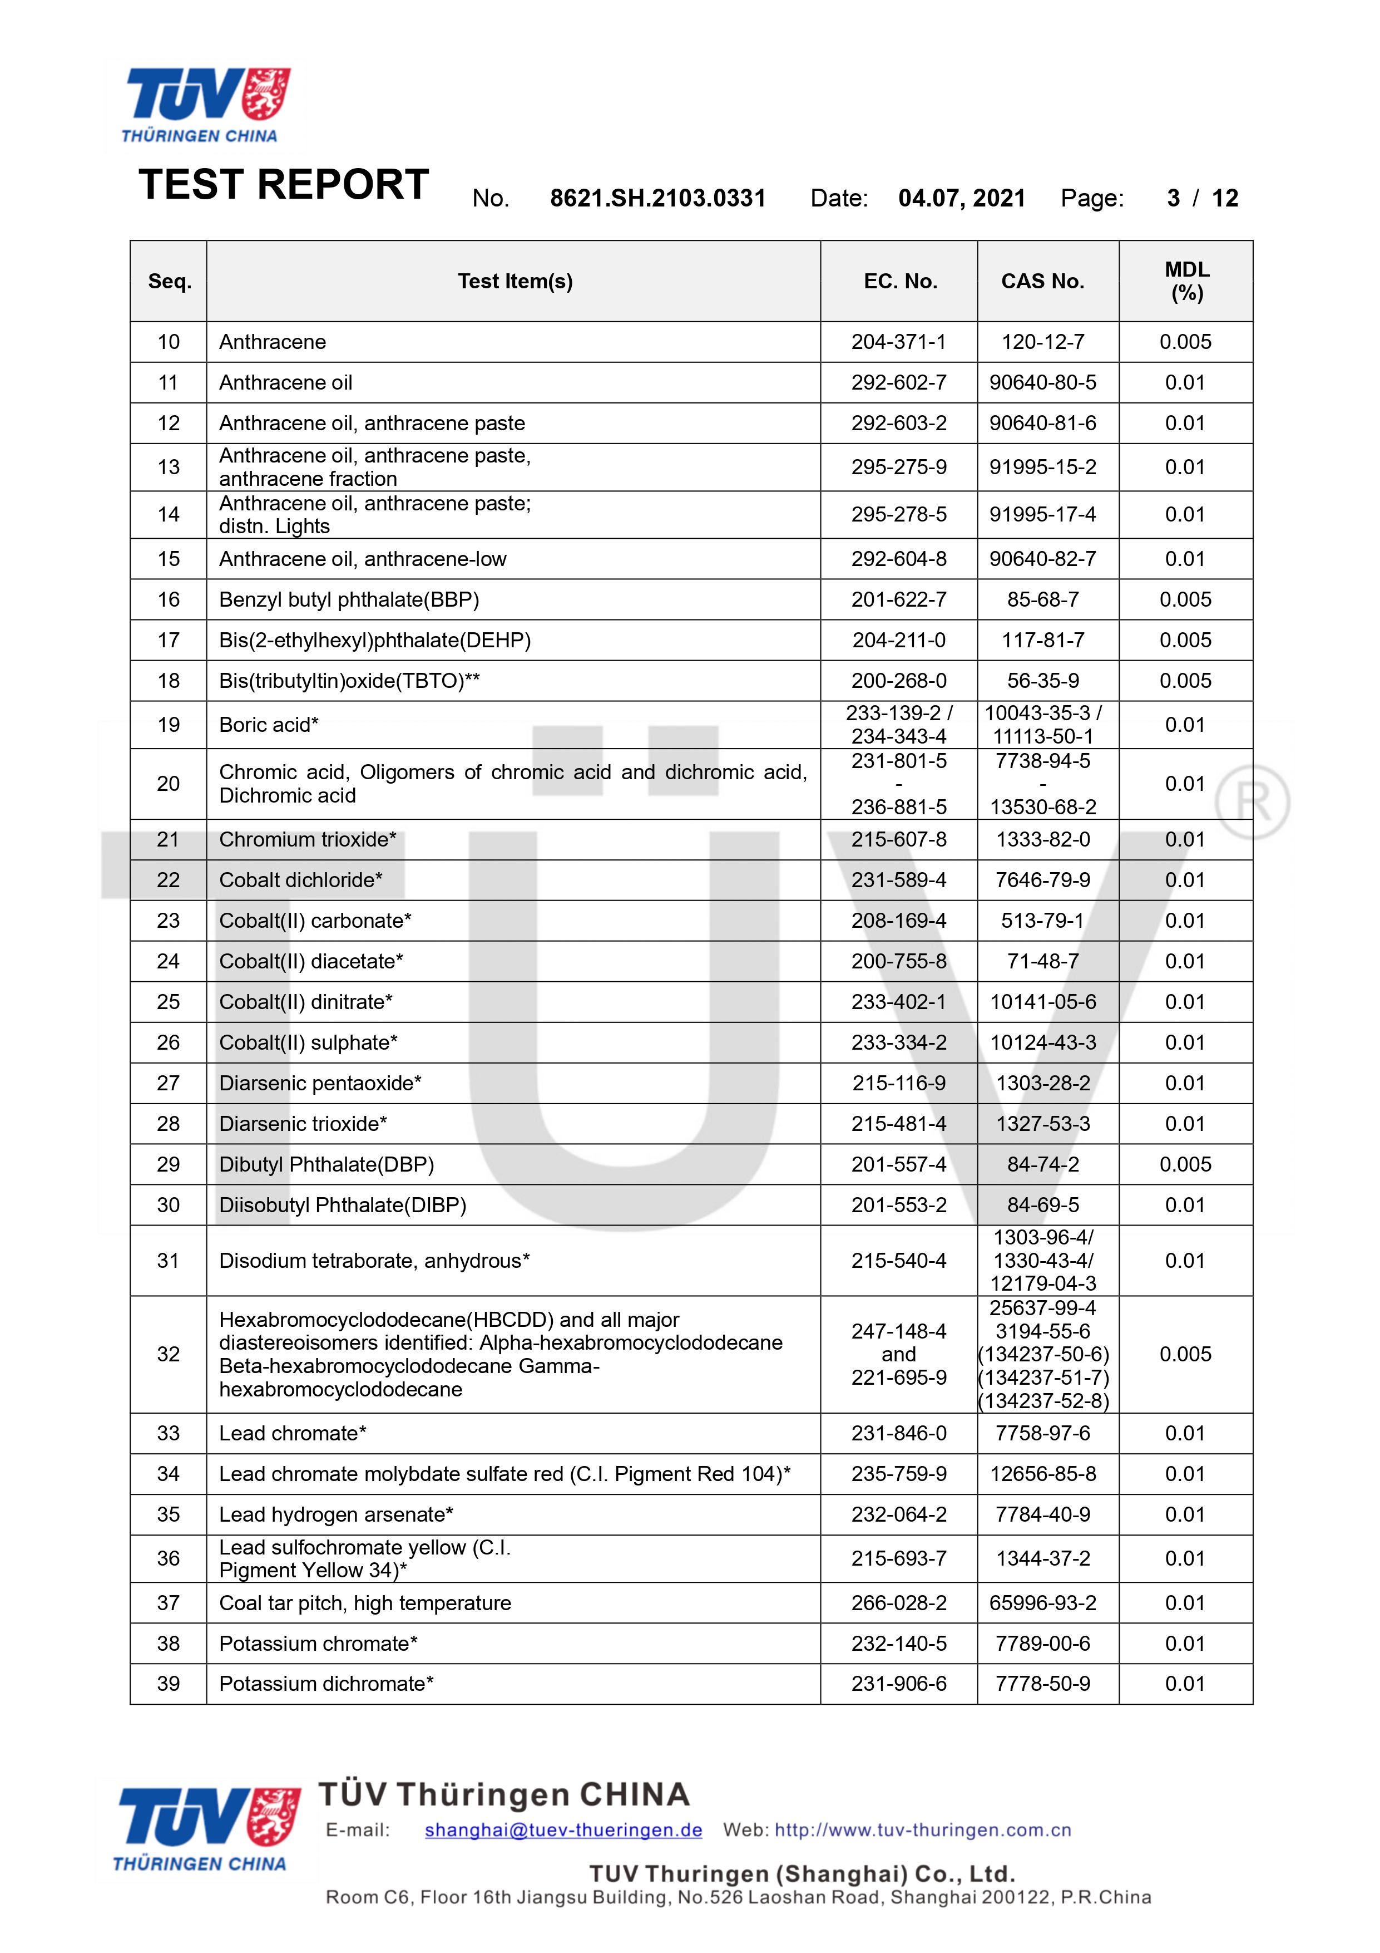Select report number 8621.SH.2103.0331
point(657,198)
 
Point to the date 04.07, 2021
point(962,198)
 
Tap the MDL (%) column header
point(1186,282)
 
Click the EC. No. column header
point(899,282)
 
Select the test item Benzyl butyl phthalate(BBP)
point(349,599)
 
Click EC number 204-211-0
point(899,641)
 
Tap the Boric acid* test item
point(269,725)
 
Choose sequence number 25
point(169,1002)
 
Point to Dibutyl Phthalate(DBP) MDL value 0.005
point(1185,1164)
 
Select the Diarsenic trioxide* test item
point(303,1124)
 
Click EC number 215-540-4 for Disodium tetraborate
point(899,1261)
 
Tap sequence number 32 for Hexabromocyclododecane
point(169,1354)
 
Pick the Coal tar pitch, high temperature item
point(365,1603)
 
